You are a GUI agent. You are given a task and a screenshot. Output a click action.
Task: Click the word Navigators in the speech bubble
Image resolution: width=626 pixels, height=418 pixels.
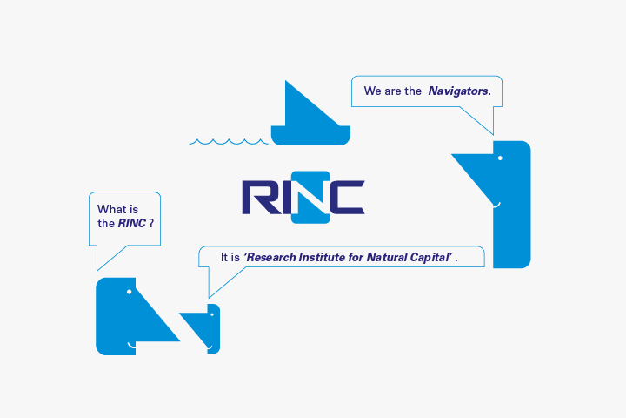459,91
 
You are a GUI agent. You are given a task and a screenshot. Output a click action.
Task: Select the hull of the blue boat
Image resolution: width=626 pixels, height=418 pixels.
310,134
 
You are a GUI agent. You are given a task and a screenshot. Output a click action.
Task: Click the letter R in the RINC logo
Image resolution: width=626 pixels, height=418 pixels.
258,197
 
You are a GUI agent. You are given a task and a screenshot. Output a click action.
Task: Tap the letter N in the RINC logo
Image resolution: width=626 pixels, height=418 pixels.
310,197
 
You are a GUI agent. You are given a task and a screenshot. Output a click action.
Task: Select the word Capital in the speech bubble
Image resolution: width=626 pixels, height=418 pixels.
430,258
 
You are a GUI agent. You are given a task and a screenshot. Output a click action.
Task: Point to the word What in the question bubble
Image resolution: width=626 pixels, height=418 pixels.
111,209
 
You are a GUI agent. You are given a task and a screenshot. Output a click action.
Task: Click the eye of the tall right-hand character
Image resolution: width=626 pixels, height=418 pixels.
499,158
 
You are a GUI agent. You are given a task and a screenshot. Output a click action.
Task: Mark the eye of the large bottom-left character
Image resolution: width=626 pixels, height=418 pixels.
129,291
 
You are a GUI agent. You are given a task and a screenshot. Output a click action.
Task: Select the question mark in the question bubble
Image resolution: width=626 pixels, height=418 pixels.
151,224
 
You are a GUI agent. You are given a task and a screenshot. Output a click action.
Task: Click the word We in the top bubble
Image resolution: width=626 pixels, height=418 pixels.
372,91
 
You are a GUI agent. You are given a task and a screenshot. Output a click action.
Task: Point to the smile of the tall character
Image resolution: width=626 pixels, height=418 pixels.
496,206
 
